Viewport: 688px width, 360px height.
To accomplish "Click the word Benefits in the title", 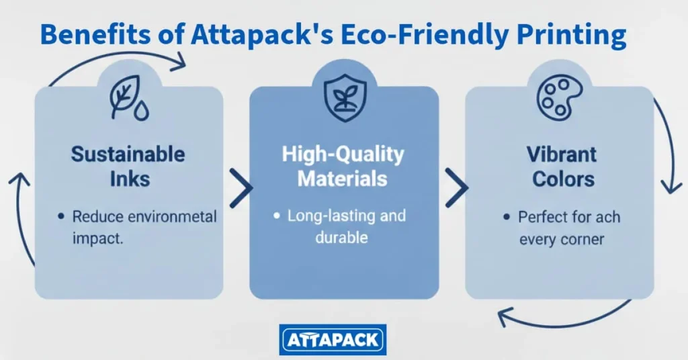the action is pos(95,34).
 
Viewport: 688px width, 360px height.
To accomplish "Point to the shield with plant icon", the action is pos(345,97).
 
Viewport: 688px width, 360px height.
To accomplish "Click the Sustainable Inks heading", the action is pos(128,166).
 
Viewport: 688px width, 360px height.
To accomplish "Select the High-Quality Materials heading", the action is pos(343,166).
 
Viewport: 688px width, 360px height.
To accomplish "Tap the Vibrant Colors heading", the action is pos(562,167).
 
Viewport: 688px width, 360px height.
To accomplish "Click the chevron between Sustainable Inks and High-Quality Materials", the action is pos(241,188).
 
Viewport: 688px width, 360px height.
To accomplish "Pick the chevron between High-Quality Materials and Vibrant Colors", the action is pos(457,188).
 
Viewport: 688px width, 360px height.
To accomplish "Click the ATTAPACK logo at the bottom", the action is pos(333,340).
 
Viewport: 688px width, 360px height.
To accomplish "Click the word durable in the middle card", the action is pos(341,238).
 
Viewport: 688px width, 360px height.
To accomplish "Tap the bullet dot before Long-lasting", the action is pos(276,216).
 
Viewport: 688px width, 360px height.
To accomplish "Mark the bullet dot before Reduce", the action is pos(61,216).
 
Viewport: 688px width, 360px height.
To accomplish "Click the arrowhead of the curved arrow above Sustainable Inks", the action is pos(179,61).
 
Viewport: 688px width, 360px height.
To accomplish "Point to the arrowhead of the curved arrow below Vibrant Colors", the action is pos(505,317).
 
